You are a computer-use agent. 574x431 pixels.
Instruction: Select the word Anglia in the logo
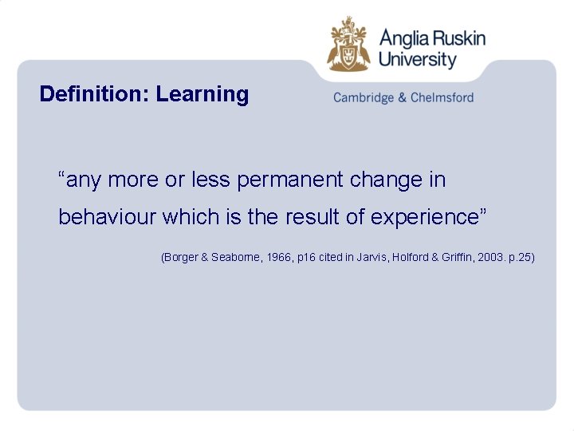click(404, 39)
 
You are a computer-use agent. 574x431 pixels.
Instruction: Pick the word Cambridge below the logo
click(363, 98)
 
